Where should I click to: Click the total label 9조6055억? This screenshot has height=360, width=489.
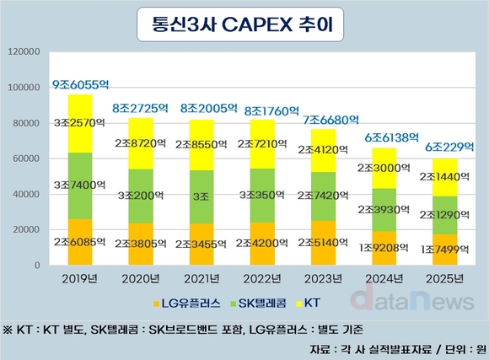pos(83,85)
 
